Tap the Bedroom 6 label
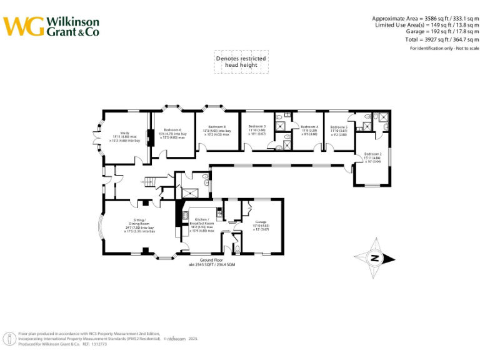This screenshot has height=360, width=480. pyautogui.click(x=172, y=133)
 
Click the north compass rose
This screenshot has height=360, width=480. pyautogui.click(x=373, y=257)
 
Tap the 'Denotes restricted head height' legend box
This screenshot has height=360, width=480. pyautogui.click(x=241, y=62)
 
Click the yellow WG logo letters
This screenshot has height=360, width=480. pyautogui.click(x=23, y=26)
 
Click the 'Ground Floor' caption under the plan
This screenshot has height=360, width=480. pyautogui.click(x=211, y=261)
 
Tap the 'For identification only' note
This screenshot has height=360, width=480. pyautogui.click(x=444, y=48)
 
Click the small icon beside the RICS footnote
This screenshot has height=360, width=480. pyautogui.click(x=10, y=339)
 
